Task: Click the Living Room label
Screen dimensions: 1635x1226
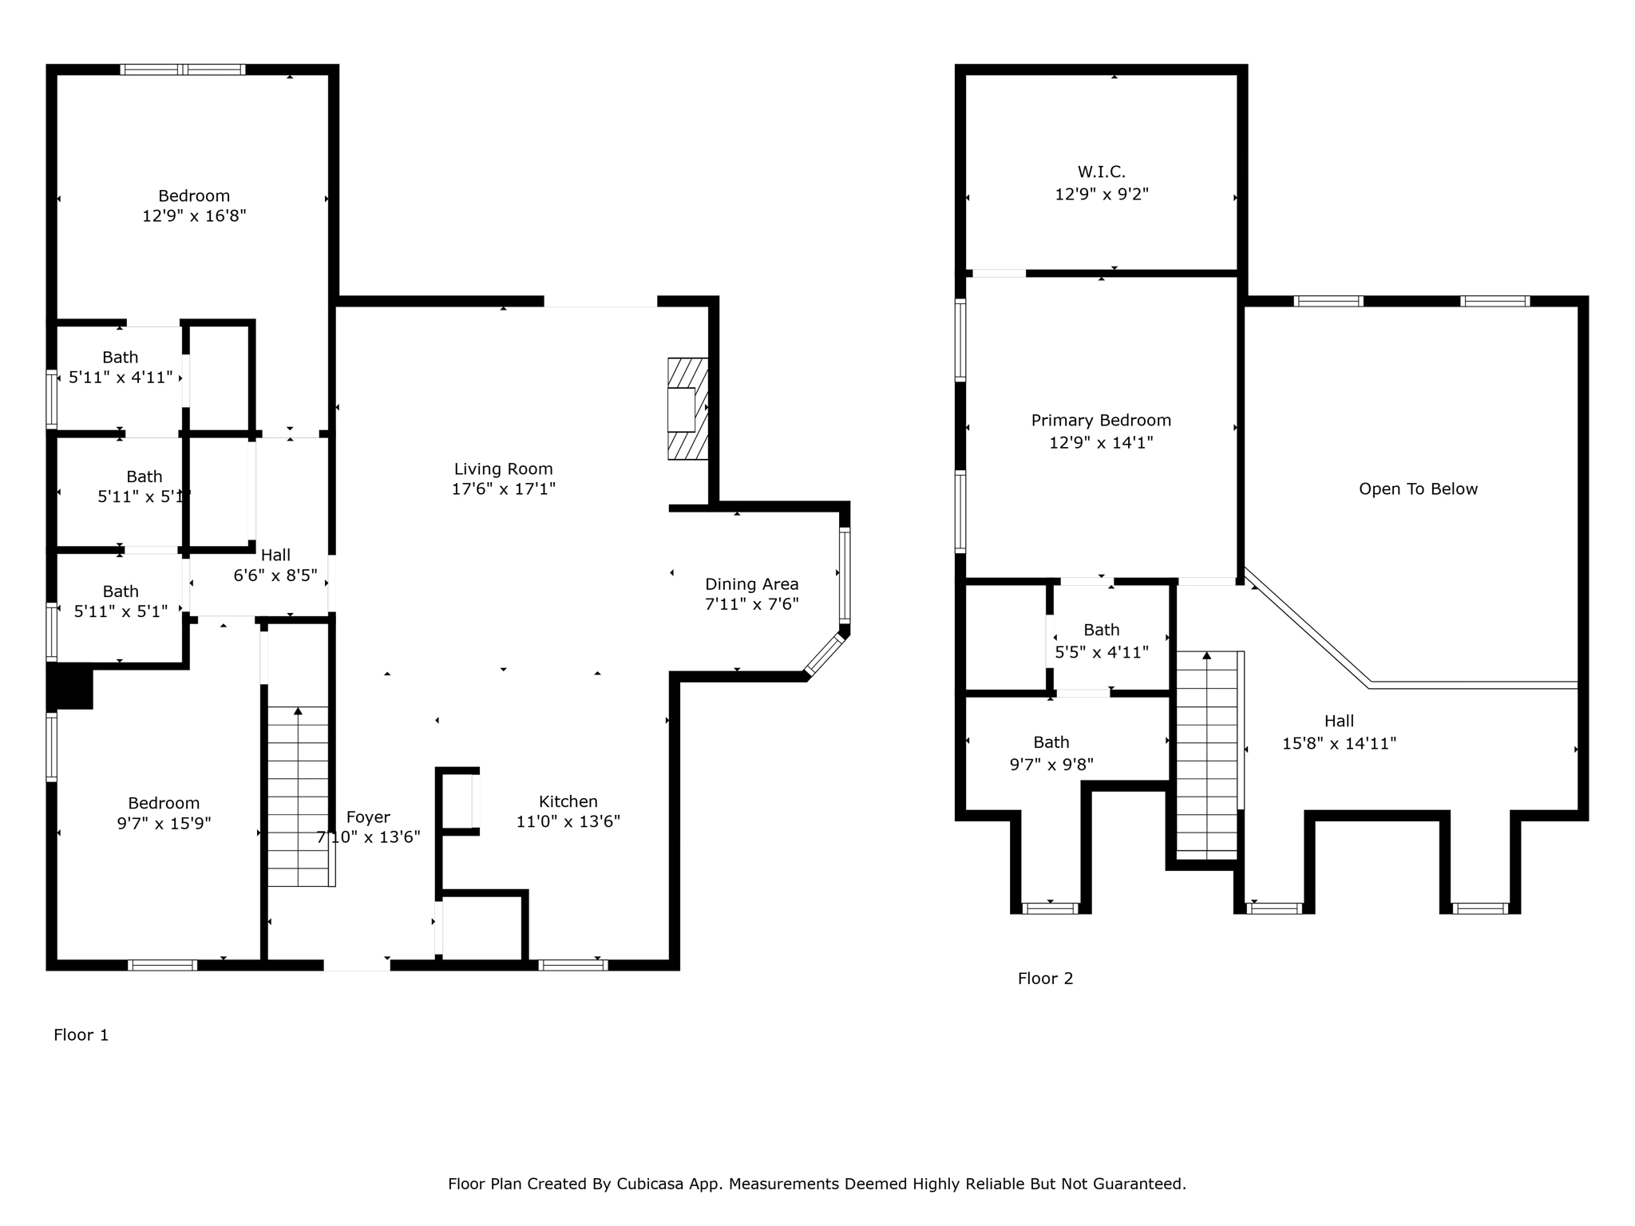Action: click(503, 469)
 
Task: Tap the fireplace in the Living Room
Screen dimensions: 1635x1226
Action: click(687, 409)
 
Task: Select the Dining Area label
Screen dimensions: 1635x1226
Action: click(751, 584)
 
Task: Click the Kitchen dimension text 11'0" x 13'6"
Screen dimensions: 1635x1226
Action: click(568, 821)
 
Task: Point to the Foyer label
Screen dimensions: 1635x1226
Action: click(368, 817)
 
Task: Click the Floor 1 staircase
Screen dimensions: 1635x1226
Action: click(299, 797)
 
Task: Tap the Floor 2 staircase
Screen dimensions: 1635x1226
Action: click(1207, 755)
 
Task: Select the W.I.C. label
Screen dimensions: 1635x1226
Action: click(1102, 172)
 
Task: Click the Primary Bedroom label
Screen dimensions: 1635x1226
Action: click(1101, 421)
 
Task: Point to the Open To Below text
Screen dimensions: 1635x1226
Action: click(1418, 489)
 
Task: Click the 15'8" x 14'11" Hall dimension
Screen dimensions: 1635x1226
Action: click(1339, 743)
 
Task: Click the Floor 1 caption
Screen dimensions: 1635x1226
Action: click(81, 1035)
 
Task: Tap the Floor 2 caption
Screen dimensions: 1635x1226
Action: click(1045, 979)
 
